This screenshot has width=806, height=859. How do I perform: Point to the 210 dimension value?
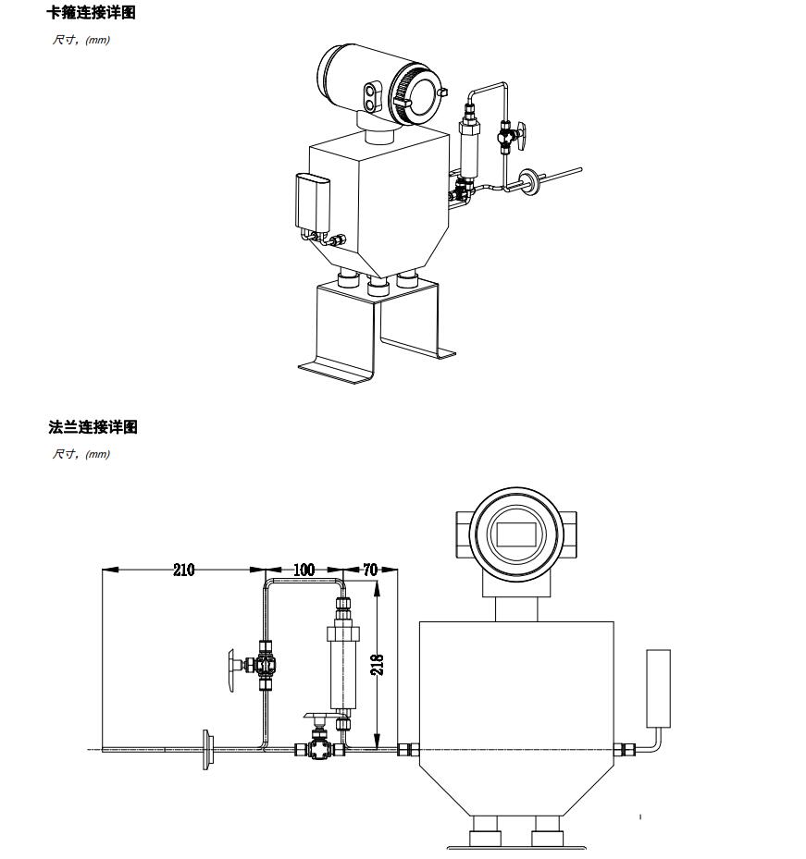(x=184, y=570)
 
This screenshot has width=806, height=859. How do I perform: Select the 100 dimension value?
(x=304, y=570)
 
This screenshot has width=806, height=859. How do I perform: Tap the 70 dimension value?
(x=371, y=570)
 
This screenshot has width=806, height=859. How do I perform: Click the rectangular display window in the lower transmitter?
(x=512, y=534)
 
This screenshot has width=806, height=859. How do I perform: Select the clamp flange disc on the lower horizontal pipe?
(x=206, y=748)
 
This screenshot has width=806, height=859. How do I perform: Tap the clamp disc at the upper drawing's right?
(x=531, y=181)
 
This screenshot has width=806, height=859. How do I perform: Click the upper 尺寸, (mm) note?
(x=81, y=40)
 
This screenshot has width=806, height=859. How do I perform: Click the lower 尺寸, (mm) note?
(x=81, y=454)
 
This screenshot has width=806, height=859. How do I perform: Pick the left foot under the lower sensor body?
(x=486, y=830)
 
